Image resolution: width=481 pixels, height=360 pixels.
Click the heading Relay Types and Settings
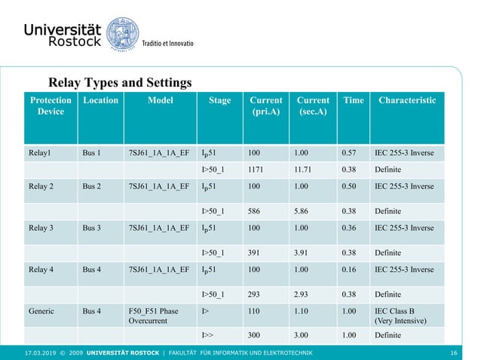click(x=120, y=82)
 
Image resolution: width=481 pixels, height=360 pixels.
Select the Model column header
click(x=161, y=100)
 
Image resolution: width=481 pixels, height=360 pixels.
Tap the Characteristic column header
click(x=407, y=100)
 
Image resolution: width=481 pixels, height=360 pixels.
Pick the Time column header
click(x=353, y=100)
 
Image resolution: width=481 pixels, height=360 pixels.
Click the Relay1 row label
click(x=39, y=152)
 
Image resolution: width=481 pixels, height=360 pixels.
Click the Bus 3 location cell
click(x=91, y=227)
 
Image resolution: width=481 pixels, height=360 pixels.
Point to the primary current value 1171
click(x=257, y=170)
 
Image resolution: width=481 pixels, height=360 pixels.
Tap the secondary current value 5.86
click(x=303, y=211)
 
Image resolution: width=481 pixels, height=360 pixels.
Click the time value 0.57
click(x=348, y=152)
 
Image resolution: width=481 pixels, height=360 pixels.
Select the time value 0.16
click(x=348, y=269)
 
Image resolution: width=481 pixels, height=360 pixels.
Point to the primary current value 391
click(x=254, y=253)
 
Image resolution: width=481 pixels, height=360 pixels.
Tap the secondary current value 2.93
click(x=303, y=294)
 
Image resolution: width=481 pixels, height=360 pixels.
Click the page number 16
click(x=454, y=352)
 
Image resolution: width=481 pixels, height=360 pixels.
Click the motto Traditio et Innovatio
click(x=168, y=43)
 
